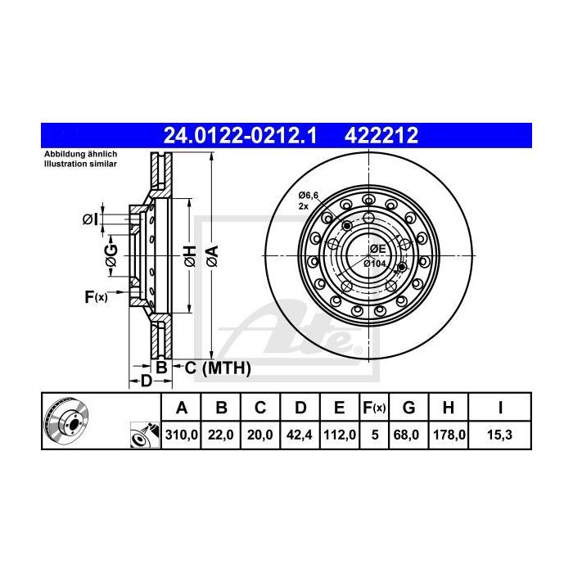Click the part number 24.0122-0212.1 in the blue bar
(x=240, y=136)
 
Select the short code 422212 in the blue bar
(x=381, y=136)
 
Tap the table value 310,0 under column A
(x=182, y=435)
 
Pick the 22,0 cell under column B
(x=221, y=435)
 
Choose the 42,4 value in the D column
(x=300, y=435)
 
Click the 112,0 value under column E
(x=340, y=435)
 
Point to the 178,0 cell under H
(x=449, y=435)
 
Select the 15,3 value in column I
(x=499, y=435)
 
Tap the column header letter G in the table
(x=409, y=407)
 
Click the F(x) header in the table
(x=374, y=408)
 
